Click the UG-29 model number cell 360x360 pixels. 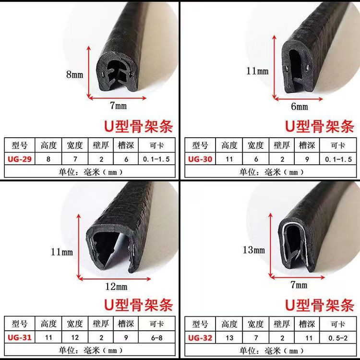(20, 159)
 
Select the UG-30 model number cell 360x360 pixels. (200, 159)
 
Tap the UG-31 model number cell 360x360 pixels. (20, 337)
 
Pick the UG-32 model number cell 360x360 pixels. (200, 338)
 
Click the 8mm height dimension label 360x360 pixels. (74, 74)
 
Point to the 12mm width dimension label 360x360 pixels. (116, 287)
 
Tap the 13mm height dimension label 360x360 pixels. (254, 250)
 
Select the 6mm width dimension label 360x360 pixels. (300, 107)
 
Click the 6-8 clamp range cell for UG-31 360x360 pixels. (157, 337)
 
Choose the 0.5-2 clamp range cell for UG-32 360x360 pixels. (338, 338)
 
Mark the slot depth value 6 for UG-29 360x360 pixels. (126, 159)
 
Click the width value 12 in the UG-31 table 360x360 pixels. (75, 337)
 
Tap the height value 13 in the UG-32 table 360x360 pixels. (229, 338)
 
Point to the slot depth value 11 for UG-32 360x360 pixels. (307, 338)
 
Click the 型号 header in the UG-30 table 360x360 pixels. (200, 145)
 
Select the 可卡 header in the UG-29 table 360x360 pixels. (157, 145)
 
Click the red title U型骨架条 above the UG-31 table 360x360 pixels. (138, 305)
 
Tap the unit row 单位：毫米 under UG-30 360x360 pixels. (271, 172)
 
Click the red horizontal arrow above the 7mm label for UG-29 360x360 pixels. (117, 98)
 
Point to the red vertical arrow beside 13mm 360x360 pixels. (271, 245)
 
